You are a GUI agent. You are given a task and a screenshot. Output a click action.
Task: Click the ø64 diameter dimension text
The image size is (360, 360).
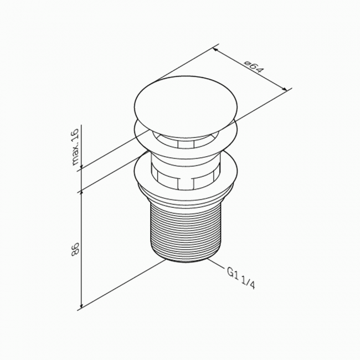pos(254,68)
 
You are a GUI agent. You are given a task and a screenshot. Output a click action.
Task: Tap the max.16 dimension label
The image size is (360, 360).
pos(75,147)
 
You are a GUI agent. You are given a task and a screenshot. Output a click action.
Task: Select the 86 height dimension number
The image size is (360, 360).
pos(75,249)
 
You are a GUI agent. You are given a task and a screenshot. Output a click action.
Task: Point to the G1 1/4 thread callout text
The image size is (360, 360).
pos(241,279)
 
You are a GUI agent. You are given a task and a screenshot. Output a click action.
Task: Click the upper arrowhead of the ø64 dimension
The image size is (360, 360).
pos(215,50)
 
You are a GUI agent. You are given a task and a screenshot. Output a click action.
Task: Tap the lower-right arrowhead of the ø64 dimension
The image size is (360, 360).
pos(285,89)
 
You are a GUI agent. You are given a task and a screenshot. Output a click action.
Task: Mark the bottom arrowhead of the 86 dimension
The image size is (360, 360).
pos(81,305)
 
